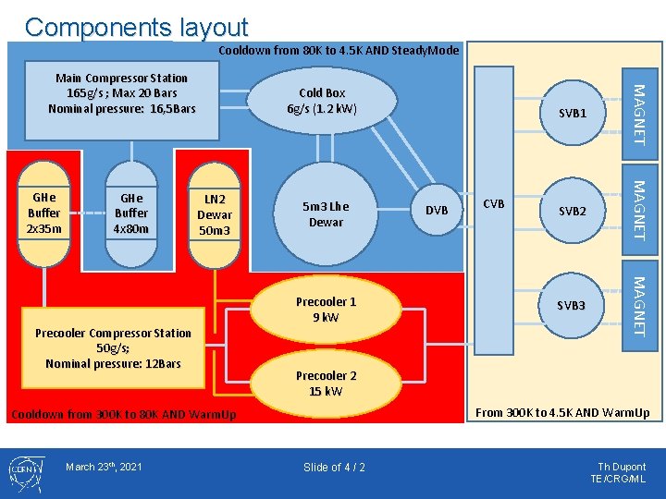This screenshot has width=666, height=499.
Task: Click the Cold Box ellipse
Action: [322, 101]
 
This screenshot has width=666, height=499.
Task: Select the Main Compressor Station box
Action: [122, 101]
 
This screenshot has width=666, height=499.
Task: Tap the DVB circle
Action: [437, 210]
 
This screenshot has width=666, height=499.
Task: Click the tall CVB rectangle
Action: [494, 211]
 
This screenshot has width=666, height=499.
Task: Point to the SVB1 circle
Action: [573, 113]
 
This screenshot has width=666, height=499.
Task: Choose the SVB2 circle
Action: [573, 211]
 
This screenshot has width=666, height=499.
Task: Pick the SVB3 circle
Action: [572, 306]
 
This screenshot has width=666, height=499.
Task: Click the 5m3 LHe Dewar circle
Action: [326, 213]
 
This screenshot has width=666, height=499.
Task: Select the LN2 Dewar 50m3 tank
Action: [214, 215]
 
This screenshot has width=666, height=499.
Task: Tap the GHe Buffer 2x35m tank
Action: [43, 213]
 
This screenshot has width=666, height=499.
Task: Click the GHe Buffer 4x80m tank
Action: [131, 213]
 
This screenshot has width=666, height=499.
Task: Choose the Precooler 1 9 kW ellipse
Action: [326, 310]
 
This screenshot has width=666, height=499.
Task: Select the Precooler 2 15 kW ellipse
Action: [326, 383]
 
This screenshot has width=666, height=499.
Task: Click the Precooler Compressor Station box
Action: [113, 348]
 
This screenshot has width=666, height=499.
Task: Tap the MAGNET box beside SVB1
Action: [640, 114]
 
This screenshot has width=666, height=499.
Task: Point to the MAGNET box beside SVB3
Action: [640, 306]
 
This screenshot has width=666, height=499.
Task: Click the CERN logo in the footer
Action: [26, 473]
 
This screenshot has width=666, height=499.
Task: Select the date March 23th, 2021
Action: [104, 467]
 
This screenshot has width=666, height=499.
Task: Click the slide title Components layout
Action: [136, 27]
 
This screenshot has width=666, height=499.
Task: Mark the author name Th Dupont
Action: [622, 467]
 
